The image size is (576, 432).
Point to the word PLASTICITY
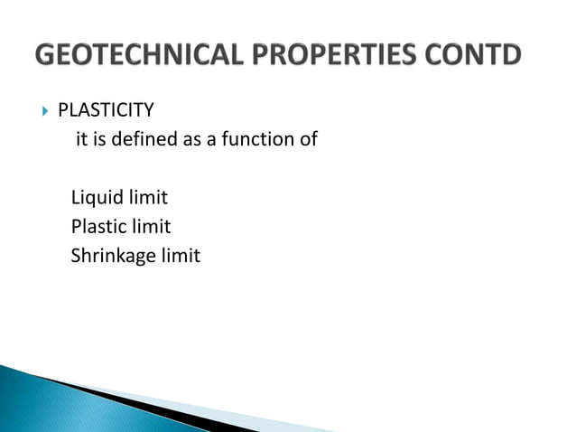(x=106, y=111)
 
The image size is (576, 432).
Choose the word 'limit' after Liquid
(x=147, y=197)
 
